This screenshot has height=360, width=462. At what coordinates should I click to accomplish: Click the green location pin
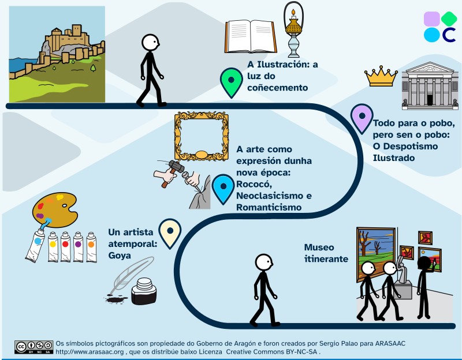(x=232, y=82)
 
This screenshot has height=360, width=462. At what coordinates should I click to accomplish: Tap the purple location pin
(x=362, y=118)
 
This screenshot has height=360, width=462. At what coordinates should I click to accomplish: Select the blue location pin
(x=223, y=189)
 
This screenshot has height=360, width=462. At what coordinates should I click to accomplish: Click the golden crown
(x=381, y=76)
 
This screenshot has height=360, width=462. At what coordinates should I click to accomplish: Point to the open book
(x=251, y=36)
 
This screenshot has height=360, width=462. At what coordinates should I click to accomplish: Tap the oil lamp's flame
(x=293, y=12)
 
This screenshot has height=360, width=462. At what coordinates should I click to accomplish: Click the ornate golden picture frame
(x=202, y=136)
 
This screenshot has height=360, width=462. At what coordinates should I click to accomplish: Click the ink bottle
(x=144, y=291)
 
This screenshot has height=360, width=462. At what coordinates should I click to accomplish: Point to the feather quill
(x=132, y=276)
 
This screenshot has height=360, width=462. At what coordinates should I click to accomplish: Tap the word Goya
(x=120, y=255)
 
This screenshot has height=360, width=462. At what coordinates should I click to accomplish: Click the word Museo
(x=319, y=247)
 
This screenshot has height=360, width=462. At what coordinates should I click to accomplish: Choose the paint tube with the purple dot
(x=78, y=247)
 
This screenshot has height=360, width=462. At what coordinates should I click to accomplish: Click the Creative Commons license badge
(x=34, y=347)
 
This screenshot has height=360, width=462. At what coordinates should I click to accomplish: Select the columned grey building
(x=430, y=85)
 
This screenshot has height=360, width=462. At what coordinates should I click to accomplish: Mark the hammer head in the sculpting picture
(x=177, y=167)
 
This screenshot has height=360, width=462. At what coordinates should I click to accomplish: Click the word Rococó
(x=254, y=184)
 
